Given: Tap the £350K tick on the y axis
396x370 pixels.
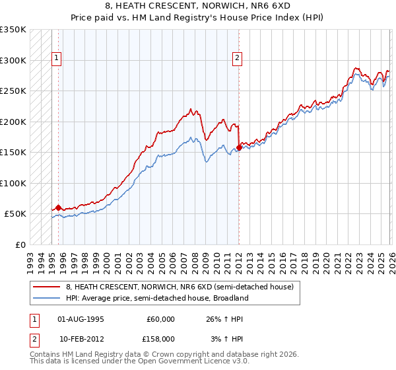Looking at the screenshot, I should coord(13,30).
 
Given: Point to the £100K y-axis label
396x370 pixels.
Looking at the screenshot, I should coord(13,183).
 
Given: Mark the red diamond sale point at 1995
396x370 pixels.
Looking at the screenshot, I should coord(58,207).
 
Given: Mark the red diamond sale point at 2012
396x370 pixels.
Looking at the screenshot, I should coord(239,147).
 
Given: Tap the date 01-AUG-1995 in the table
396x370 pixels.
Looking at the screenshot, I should coord(81,319).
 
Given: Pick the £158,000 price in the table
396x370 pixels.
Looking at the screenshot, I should coord(160,338).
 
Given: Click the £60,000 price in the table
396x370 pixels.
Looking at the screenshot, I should coord(160,319).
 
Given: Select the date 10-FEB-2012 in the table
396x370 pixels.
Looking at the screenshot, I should coord(81,338).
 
